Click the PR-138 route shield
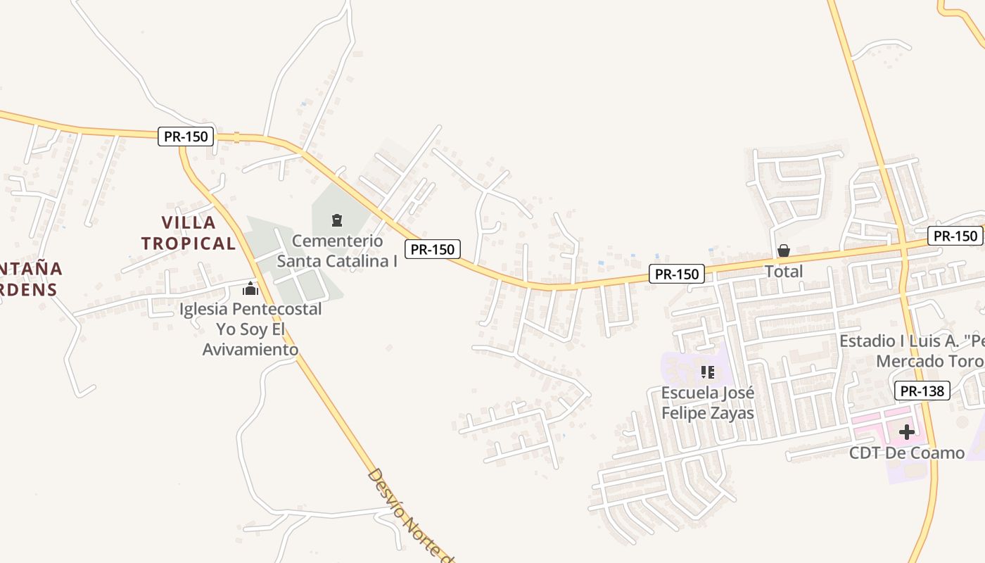coord(922,391)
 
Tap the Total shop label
coord(784,272)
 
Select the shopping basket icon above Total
coord(784,251)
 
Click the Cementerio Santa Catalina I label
coord(338,251)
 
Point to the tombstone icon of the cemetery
coord(337,220)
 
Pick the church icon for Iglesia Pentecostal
coord(250,289)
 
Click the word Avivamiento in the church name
coord(250,349)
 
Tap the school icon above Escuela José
coord(707,372)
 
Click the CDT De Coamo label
coord(907,453)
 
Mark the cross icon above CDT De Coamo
coord(907,431)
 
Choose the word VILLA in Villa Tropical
coord(189,223)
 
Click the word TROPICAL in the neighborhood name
coord(188,243)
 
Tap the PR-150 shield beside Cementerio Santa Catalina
coord(433,248)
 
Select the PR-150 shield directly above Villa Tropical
coord(186,137)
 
